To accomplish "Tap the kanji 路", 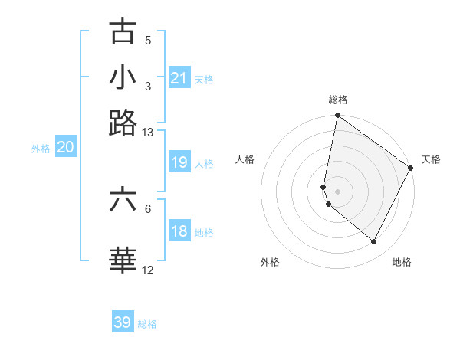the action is pyautogui.click(x=123, y=123).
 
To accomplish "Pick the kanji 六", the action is pyautogui.click(x=123, y=200).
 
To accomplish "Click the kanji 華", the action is pyautogui.click(x=123, y=260).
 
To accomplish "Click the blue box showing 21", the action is pyautogui.click(x=179, y=78).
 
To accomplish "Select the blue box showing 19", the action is pyautogui.click(x=179, y=162).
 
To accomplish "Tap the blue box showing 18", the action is pyautogui.click(x=179, y=231).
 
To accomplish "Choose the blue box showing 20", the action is pyautogui.click(x=65, y=148).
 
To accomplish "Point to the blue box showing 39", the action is pyautogui.click(x=123, y=322).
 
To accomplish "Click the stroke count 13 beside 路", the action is pyautogui.click(x=148, y=133).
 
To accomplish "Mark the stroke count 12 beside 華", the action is pyautogui.click(x=148, y=270).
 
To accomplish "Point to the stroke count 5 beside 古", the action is pyautogui.click(x=148, y=40).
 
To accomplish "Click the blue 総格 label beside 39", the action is pyautogui.click(x=147, y=324).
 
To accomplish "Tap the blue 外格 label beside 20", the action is pyautogui.click(x=41, y=149).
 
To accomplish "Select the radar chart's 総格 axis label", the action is pyautogui.click(x=337, y=100).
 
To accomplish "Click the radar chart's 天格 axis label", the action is pyautogui.click(x=431, y=159).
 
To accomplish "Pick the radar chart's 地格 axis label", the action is pyautogui.click(x=402, y=262).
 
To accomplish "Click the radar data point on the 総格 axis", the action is pyautogui.click(x=337, y=116).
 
